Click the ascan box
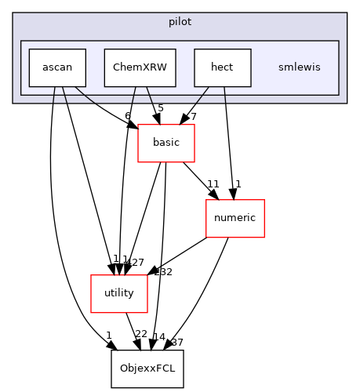coord(56,67)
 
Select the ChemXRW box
coord(140,67)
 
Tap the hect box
coord(222,67)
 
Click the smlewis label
coord(299,67)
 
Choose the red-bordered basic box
coord(165,143)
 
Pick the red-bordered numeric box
coord(235,218)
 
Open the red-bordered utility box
coord(118,293)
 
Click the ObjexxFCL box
coord(147,368)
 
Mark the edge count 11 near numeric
coord(212,185)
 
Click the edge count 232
coord(162,272)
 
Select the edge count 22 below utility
coord(142,335)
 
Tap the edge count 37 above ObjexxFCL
coord(176,342)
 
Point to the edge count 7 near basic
coord(193,117)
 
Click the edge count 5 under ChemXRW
coord(161,108)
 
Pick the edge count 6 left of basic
coord(127,116)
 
